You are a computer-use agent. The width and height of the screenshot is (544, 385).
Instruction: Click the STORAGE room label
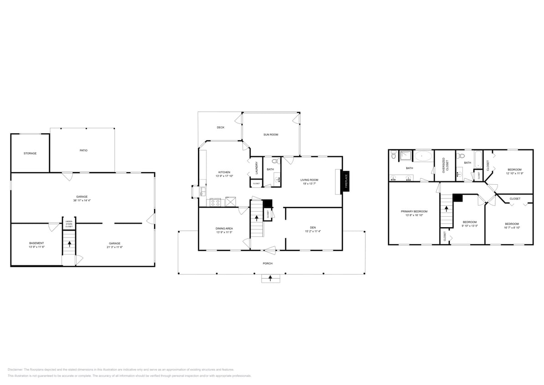pyautogui.click(x=30, y=153)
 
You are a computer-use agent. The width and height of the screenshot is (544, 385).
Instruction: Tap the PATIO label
pyautogui.click(x=83, y=150)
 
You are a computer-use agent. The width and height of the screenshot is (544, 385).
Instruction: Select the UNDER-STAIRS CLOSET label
pyautogui.click(x=69, y=224)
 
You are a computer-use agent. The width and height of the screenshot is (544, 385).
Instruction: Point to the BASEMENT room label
pyautogui.click(x=36, y=243)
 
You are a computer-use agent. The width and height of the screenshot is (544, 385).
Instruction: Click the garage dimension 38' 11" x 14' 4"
pyautogui.click(x=82, y=200)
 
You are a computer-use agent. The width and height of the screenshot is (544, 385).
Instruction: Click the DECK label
pyautogui.click(x=220, y=127)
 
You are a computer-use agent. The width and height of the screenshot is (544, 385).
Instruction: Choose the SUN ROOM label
pyautogui.click(x=270, y=135)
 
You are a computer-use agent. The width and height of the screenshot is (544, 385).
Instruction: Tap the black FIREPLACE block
pyautogui.click(x=346, y=180)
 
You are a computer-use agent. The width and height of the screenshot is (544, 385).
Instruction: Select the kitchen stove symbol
pyautogui.click(x=215, y=201)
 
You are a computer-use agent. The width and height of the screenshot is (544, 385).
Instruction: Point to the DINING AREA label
pyautogui.click(x=224, y=228)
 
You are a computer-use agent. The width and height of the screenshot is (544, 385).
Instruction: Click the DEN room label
pyautogui.click(x=313, y=227)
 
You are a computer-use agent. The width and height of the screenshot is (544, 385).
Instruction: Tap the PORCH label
pyautogui.click(x=268, y=263)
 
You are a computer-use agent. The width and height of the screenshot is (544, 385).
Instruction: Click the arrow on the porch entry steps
pyautogui.click(x=270, y=278)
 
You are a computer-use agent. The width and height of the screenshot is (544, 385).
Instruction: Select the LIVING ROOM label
pyautogui.click(x=309, y=180)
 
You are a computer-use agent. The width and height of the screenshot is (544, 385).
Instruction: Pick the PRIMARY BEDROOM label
pyautogui.click(x=414, y=211)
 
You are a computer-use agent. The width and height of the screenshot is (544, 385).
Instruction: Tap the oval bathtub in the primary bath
pyautogui.click(x=424, y=156)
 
